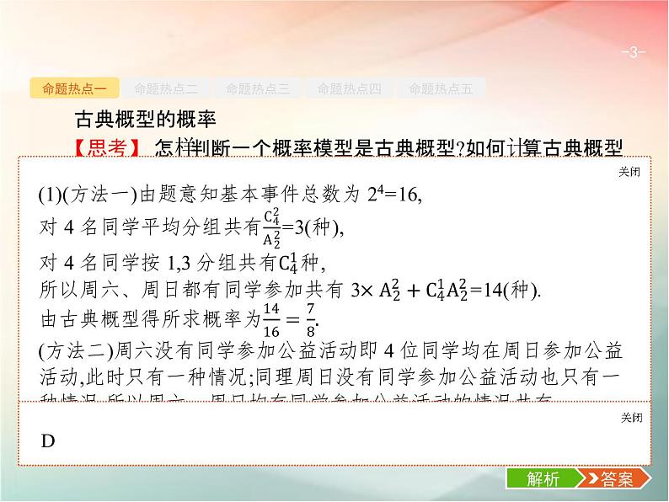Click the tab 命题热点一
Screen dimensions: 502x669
tap(74, 88)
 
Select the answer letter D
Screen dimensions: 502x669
tap(48, 442)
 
